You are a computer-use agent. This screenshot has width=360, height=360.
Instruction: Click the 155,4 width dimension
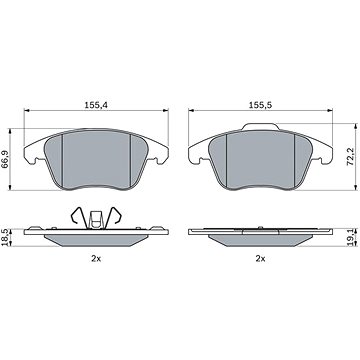(x=96, y=105)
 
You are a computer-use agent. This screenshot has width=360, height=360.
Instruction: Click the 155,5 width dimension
(x=261, y=105)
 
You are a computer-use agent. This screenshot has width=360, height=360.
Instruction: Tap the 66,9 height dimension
(x=6, y=159)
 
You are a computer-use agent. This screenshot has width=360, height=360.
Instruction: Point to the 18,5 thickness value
(x=6, y=238)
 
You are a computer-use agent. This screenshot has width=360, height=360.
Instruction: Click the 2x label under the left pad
(x=96, y=258)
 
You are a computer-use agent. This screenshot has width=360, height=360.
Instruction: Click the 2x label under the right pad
(x=260, y=258)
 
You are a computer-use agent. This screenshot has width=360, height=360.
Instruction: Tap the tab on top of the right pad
(x=261, y=127)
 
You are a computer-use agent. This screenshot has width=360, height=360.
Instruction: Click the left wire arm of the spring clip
(x=78, y=217)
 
